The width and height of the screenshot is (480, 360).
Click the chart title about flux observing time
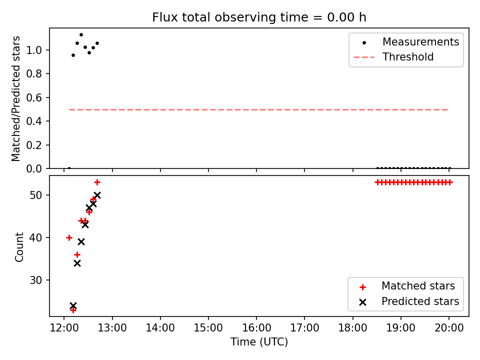tap(259, 17)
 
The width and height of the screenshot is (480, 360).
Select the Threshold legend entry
tap(393, 57)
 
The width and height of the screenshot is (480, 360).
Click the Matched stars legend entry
tap(407, 286)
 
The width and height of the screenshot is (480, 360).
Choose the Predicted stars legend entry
tap(409, 301)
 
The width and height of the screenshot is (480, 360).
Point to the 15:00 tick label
tap(208, 328)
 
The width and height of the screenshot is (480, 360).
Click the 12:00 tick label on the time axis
tap(64, 328)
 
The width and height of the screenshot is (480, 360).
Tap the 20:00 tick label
tap(449, 328)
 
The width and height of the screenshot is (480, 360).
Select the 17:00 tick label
tap(304, 328)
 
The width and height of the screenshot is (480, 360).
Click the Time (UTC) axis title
tap(259, 341)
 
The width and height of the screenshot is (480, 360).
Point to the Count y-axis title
tap(19, 246)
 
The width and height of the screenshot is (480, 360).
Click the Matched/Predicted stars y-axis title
tap(15, 98)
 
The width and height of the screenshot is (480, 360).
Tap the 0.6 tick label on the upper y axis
tap(34, 97)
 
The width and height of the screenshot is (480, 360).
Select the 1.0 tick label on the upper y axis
tap(34, 50)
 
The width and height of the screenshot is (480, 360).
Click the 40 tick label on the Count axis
tap(36, 237)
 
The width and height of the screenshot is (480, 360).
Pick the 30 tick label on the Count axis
tap(36, 280)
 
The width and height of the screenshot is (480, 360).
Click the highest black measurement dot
tap(81, 35)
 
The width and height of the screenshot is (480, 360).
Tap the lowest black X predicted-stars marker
tap(73, 305)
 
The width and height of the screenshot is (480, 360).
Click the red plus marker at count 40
tap(69, 237)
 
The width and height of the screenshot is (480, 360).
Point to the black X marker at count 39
tap(81, 242)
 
